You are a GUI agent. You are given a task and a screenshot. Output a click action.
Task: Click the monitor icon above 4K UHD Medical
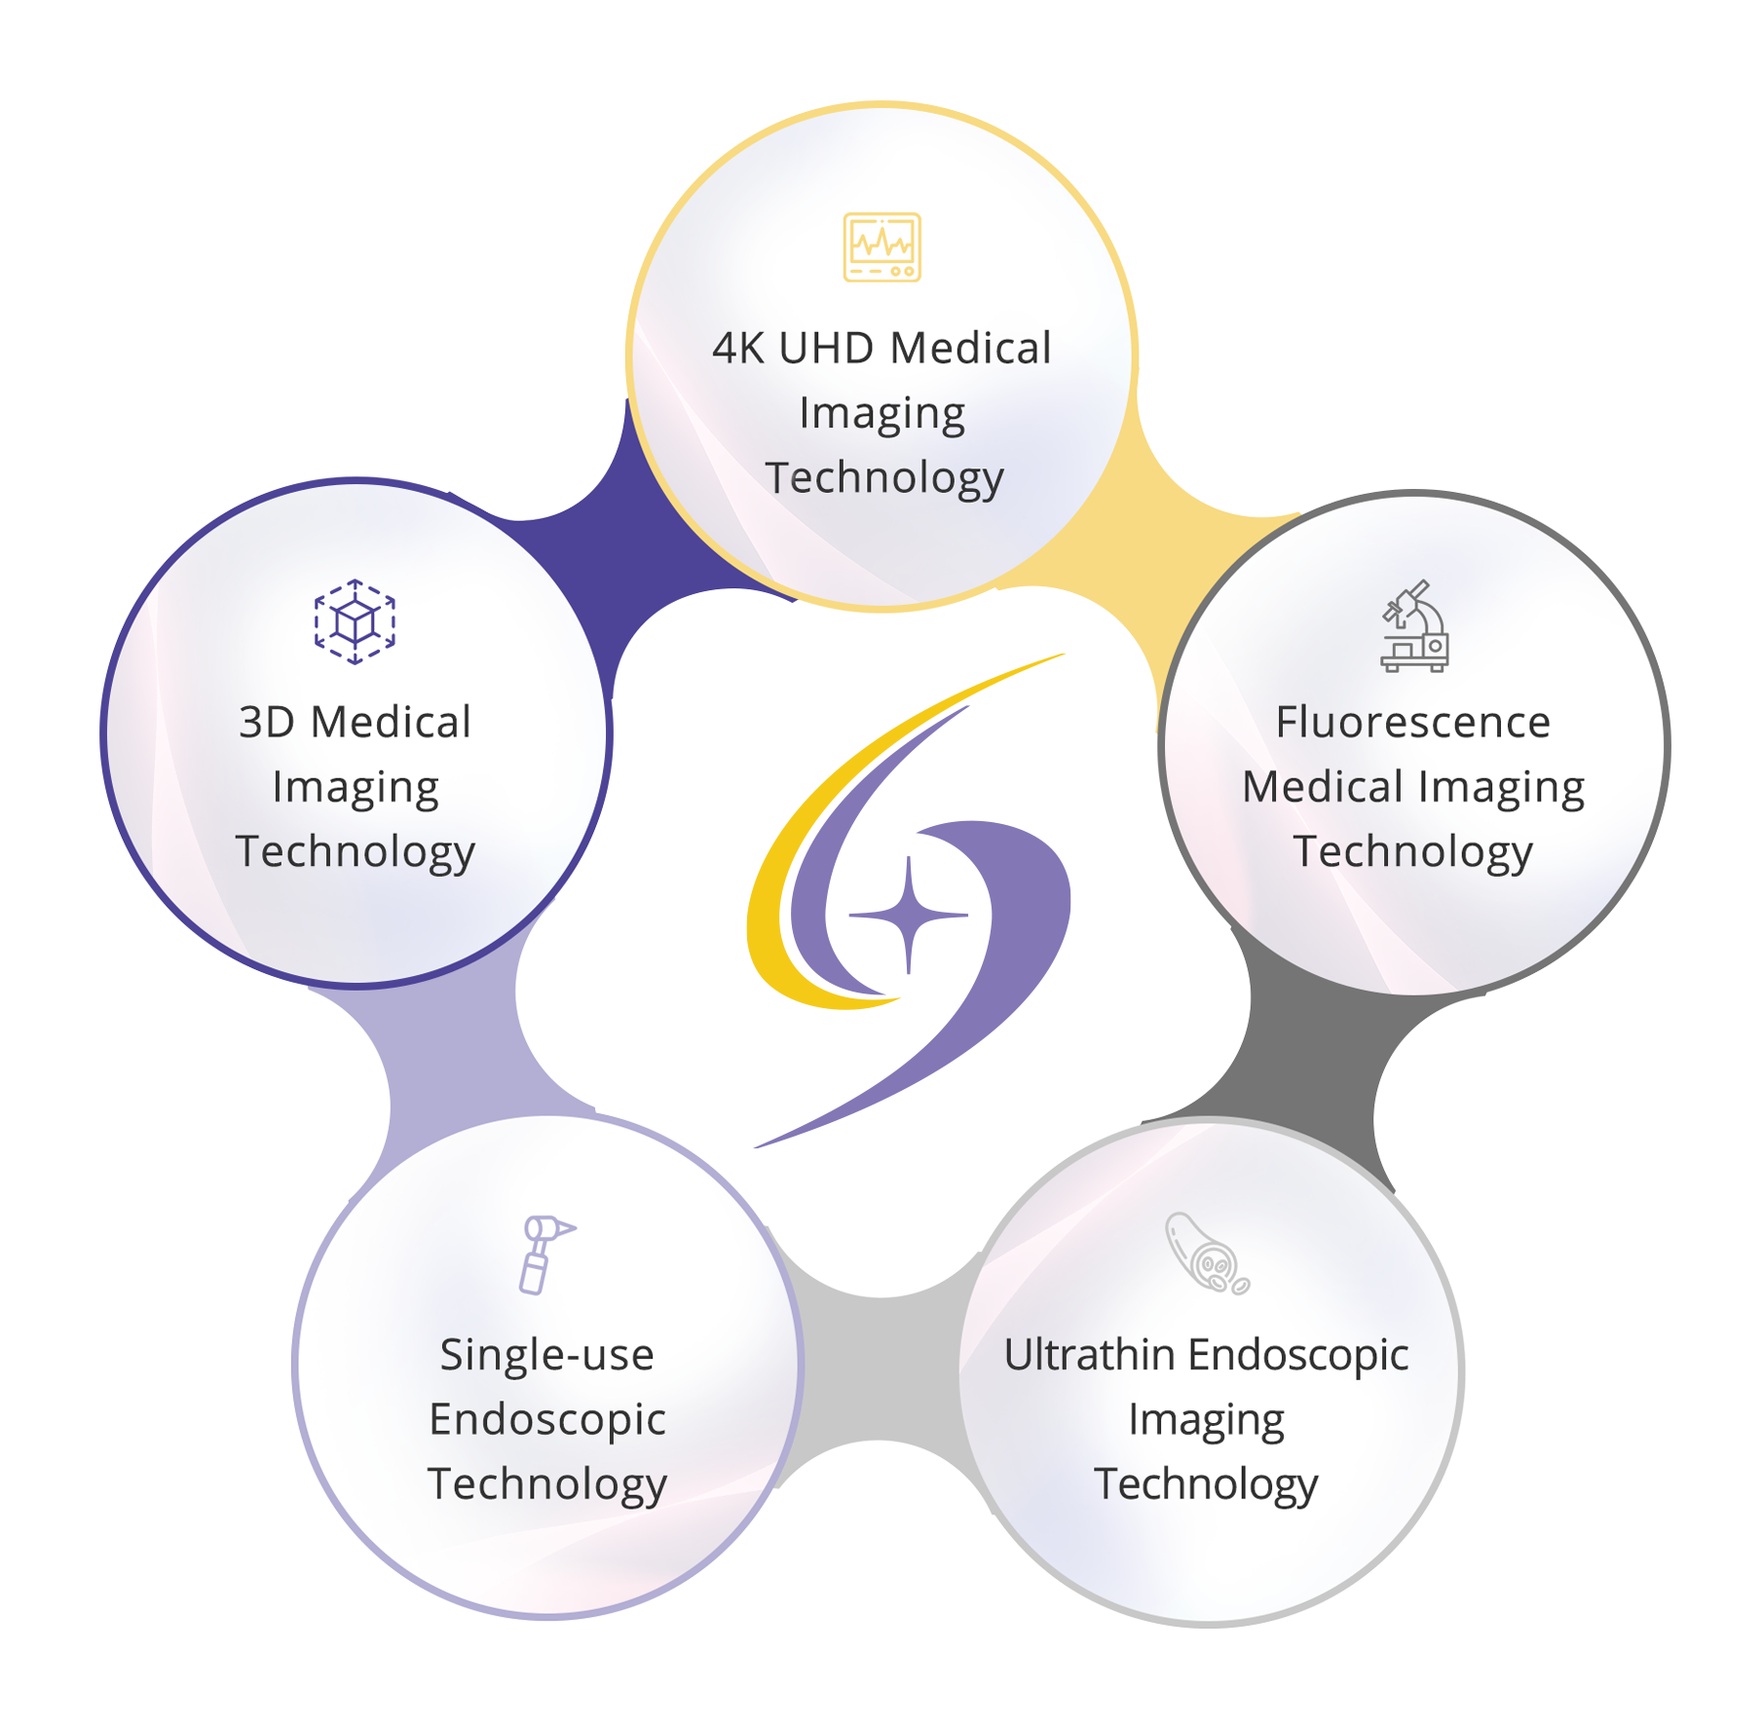(881, 246)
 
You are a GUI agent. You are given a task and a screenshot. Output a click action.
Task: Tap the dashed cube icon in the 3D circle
(355, 621)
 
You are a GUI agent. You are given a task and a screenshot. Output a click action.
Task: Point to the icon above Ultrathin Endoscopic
(1206, 1254)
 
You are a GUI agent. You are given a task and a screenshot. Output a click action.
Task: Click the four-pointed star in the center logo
(909, 915)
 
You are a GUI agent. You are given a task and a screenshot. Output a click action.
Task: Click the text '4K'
(737, 349)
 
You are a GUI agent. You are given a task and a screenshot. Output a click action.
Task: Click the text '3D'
(266, 723)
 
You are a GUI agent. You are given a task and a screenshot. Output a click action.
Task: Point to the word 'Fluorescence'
(1412, 723)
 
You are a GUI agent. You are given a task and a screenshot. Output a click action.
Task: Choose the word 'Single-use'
(546, 1355)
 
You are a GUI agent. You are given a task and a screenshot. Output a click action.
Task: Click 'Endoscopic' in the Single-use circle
(547, 1420)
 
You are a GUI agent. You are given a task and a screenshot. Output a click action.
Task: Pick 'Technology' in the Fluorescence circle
(1412, 851)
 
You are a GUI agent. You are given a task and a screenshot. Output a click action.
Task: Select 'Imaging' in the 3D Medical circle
(356, 787)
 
